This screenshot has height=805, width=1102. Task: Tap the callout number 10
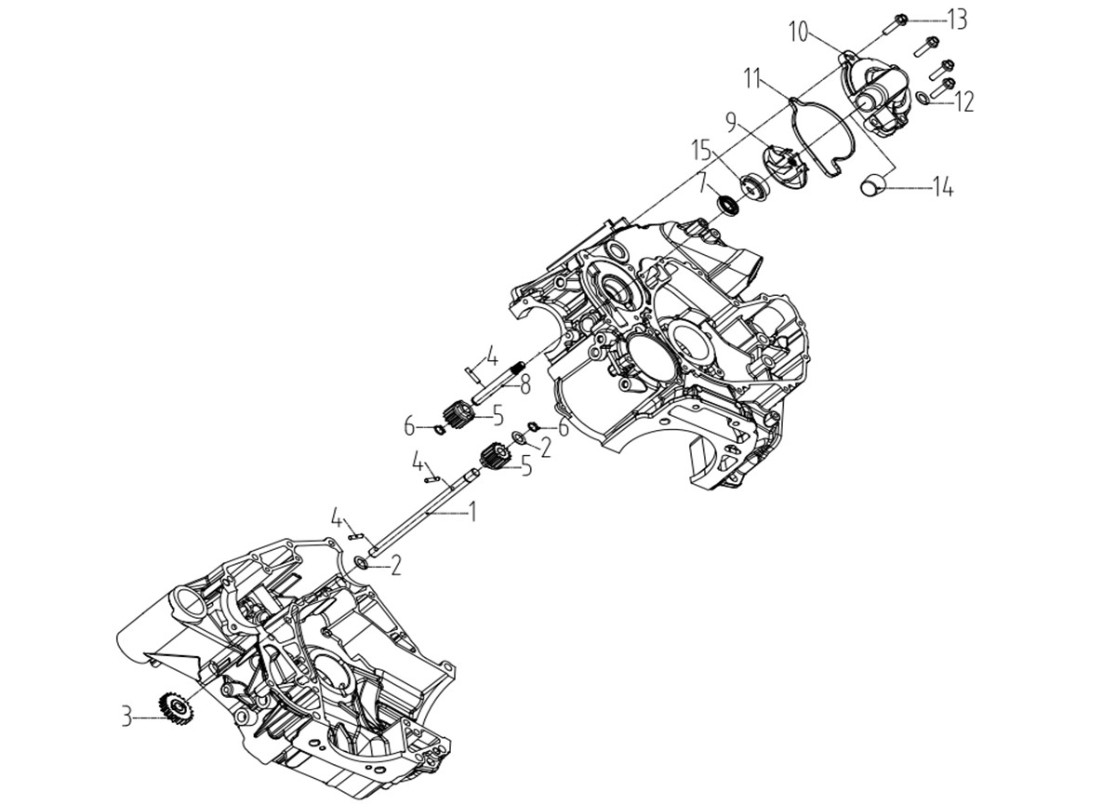click(x=801, y=32)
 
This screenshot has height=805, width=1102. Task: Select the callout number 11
click(x=756, y=78)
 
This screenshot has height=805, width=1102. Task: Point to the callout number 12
click(x=962, y=102)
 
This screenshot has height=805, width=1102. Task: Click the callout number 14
click(x=942, y=188)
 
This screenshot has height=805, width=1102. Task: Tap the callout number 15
click(x=703, y=152)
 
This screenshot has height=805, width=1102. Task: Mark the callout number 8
click(x=524, y=386)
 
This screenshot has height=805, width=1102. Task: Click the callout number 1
click(x=472, y=512)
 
